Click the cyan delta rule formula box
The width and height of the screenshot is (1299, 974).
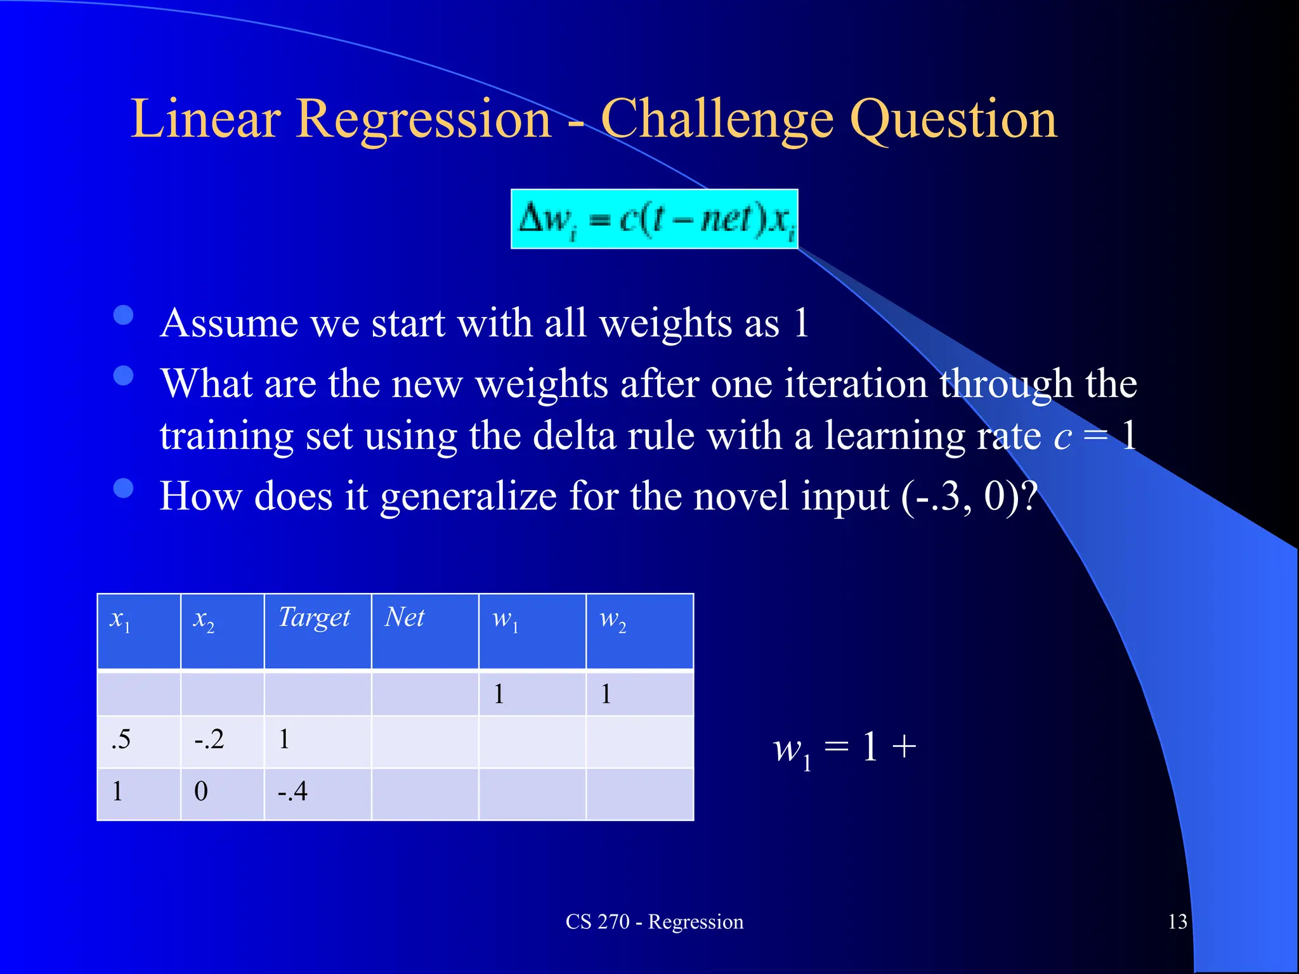pyautogui.click(x=654, y=219)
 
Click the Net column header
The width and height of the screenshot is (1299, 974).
pyautogui.click(x=405, y=617)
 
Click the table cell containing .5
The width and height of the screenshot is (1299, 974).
pyautogui.click(x=121, y=740)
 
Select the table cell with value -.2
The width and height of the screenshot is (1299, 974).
pyautogui.click(x=209, y=740)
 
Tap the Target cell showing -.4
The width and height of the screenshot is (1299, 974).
pyautogui.click(x=292, y=792)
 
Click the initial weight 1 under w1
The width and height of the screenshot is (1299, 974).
pyautogui.click(x=499, y=694)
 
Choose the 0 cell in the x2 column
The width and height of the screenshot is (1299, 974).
pyautogui.click(x=201, y=792)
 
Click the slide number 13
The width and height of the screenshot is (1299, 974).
pyautogui.click(x=1177, y=921)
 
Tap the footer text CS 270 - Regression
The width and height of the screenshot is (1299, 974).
pyautogui.click(x=654, y=921)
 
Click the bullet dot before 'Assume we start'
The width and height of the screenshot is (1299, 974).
pyautogui.click(x=123, y=315)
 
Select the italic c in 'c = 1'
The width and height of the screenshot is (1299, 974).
pyautogui.click(x=1062, y=438)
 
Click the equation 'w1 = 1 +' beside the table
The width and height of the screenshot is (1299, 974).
pyautogui.click(x=844, y=748)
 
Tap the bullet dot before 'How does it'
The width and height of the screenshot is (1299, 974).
pyautogui.click(x=123, y=488)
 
